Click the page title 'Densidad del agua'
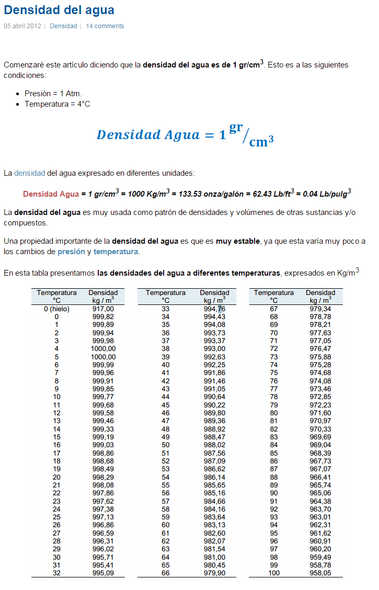59,10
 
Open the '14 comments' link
105,26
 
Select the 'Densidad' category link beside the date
63,26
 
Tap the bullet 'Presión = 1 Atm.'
53,94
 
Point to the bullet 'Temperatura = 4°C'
58,104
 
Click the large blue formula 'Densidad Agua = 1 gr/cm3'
186,135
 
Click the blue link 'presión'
71,252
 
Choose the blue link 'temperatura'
116,252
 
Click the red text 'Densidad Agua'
51,194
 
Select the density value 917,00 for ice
103,309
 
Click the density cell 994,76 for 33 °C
214,309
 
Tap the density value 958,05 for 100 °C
320,573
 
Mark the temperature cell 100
273,573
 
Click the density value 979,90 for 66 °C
214,573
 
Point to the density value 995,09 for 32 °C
103,573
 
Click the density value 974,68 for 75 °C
320,373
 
